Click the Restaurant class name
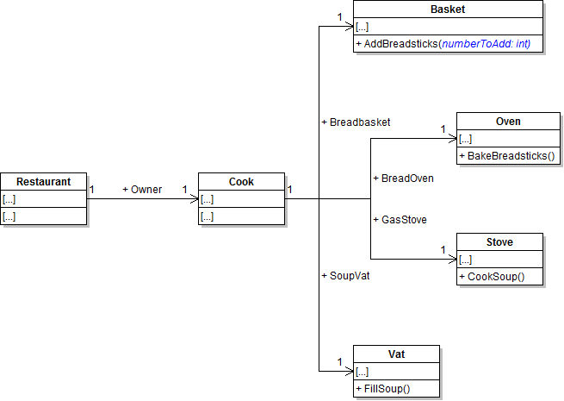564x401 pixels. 44,182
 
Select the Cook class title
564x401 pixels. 241,182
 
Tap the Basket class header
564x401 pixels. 448,9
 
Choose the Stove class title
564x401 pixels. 499,242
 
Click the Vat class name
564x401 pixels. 396,354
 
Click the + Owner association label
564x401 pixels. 142,189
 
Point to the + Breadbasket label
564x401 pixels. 356,122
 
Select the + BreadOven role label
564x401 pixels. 403,178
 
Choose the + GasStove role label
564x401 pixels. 400,219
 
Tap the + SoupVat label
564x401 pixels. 345,275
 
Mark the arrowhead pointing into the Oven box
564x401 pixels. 451,139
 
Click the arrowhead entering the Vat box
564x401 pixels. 348,372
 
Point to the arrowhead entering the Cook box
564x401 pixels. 193,199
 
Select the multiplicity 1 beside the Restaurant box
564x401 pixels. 92,189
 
